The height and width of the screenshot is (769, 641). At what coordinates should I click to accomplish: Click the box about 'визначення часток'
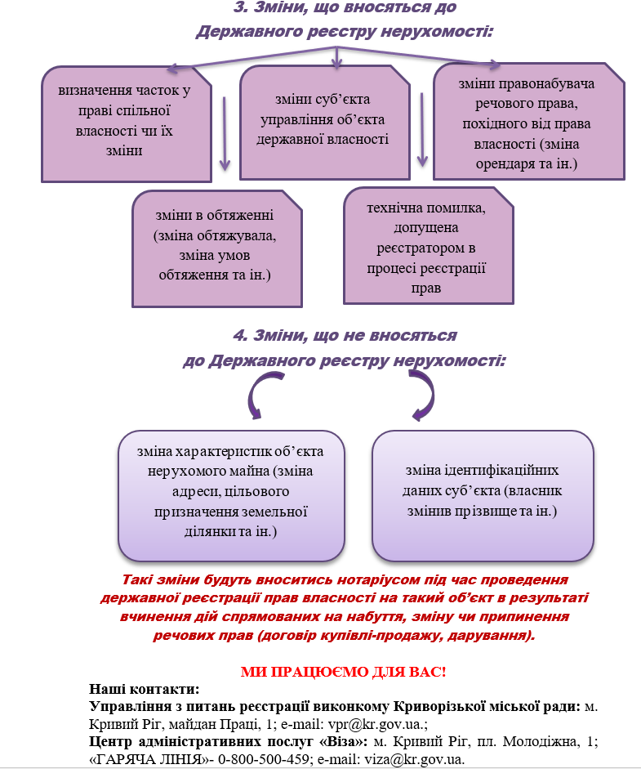pyautogui.click(x=127, y=124)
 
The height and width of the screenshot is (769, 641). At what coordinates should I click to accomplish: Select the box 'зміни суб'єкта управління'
pyautogui.click(x=324, y=123)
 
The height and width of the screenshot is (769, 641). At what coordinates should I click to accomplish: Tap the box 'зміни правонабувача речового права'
pyautogui.click(x=529, y=122)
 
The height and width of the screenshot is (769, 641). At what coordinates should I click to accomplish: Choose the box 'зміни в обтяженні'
pyautogui.click(x=217, y=249)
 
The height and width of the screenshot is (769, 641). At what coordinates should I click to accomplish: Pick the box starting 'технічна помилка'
pyautogui.click(x=429, y=246)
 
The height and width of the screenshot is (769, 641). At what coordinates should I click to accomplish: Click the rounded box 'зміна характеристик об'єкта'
pyautogui.click(x=231, y=496)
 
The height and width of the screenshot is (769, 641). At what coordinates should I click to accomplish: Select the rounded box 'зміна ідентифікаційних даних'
pyautogui.click(x=483, y=496)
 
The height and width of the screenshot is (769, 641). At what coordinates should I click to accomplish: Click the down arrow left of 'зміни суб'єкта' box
pyautogui.click(x=225, y=133)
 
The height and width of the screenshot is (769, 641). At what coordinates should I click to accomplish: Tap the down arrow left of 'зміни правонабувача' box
pyautogui.click(x=422, y=129)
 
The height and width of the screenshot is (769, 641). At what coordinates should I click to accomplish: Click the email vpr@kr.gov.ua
pyautogui.click(x=374, y=724)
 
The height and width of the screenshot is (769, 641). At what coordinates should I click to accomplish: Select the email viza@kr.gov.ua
pyautogui.click(x=414, y=759)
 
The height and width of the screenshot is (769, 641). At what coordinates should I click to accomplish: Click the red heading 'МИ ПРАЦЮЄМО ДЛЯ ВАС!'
pyautogui.click(x=343, y=672)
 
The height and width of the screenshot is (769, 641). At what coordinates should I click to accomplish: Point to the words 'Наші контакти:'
pyautogui.click(x=144, y=689)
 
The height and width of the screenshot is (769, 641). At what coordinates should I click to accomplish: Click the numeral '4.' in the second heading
pyautogui.click(x=240, y=335)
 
